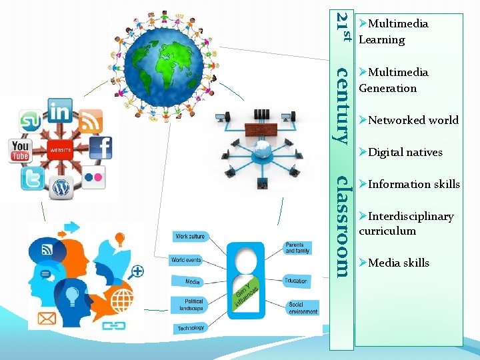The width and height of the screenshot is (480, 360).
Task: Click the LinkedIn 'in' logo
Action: tap(60, 110)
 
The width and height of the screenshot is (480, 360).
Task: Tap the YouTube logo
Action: tap(21, 151)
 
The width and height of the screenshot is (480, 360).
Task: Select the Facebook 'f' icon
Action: tap(101, 148)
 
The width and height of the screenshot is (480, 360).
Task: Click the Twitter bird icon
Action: tap(32, 179)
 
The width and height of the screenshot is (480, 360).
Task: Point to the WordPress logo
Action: tap(61, 188)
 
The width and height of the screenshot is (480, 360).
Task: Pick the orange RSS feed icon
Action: tap(91, 121)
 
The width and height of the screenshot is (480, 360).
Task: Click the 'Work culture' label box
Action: tap(190, 237)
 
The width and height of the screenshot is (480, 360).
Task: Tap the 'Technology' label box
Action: tap(191, 328)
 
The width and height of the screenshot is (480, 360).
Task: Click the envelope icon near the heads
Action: tap(47, 319)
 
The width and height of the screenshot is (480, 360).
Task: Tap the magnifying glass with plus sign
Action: tap(137, 271)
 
